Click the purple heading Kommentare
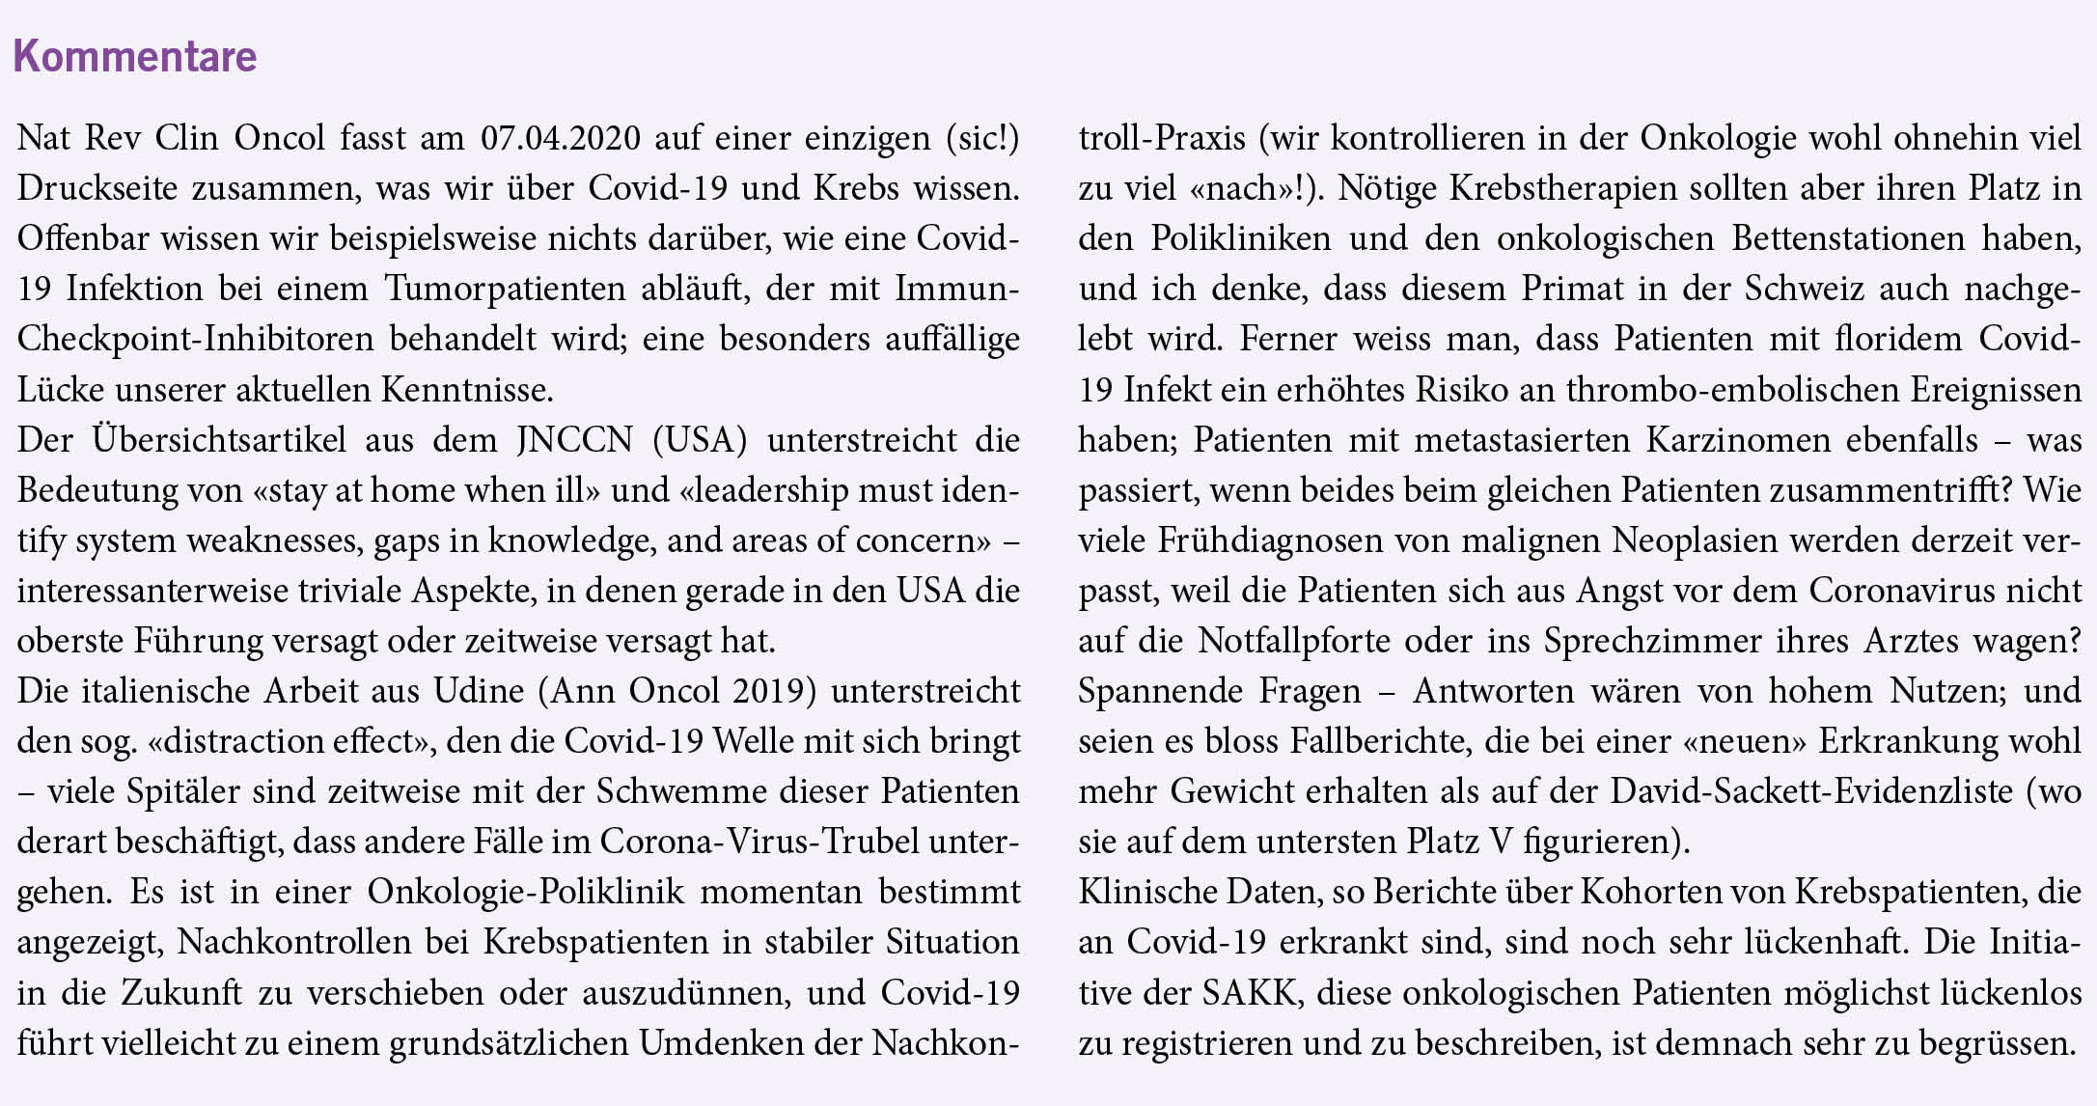pos(135,56)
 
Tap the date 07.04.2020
pos(560,138)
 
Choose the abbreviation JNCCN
pos(574,439)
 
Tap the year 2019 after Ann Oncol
pos(768,690)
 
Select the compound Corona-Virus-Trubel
pos(759,841)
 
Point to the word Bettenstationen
pos(1848,238)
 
